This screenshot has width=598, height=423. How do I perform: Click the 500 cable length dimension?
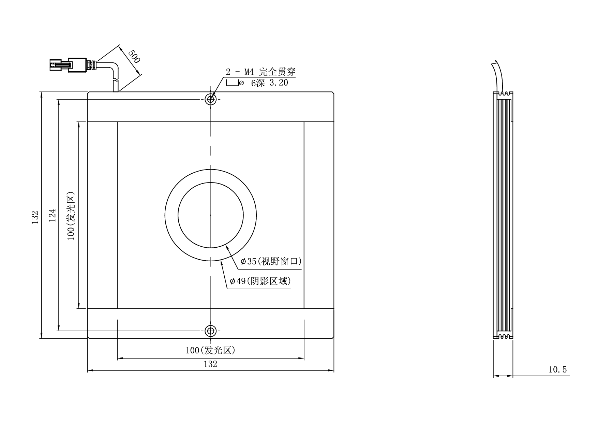click(134, 56)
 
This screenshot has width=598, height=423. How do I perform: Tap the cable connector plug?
click(68, 64)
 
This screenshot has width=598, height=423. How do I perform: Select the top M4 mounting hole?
click(211, 99)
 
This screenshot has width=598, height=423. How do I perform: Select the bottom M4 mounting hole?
click(211, 331)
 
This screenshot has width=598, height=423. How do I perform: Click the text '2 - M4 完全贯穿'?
click(260, 72)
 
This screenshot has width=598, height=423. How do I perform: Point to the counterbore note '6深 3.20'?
click(269, 83)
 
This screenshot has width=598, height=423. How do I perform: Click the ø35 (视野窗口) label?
click(271, 262)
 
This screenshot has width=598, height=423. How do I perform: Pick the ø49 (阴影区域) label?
click(260, 281)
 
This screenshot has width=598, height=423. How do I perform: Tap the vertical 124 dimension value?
click(52, 215)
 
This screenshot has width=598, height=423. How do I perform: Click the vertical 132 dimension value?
click(35, 217)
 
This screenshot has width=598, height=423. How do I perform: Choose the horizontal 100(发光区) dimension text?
click(210, 350)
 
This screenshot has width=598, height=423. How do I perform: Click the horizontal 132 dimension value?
click(210, 364)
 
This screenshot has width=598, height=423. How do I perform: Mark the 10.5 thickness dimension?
click(557, 369)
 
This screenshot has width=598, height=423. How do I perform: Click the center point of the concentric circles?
click(211, 215)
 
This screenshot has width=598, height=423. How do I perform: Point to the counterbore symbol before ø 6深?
click(232, 82)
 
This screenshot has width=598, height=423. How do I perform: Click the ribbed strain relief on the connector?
click(91, 65)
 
